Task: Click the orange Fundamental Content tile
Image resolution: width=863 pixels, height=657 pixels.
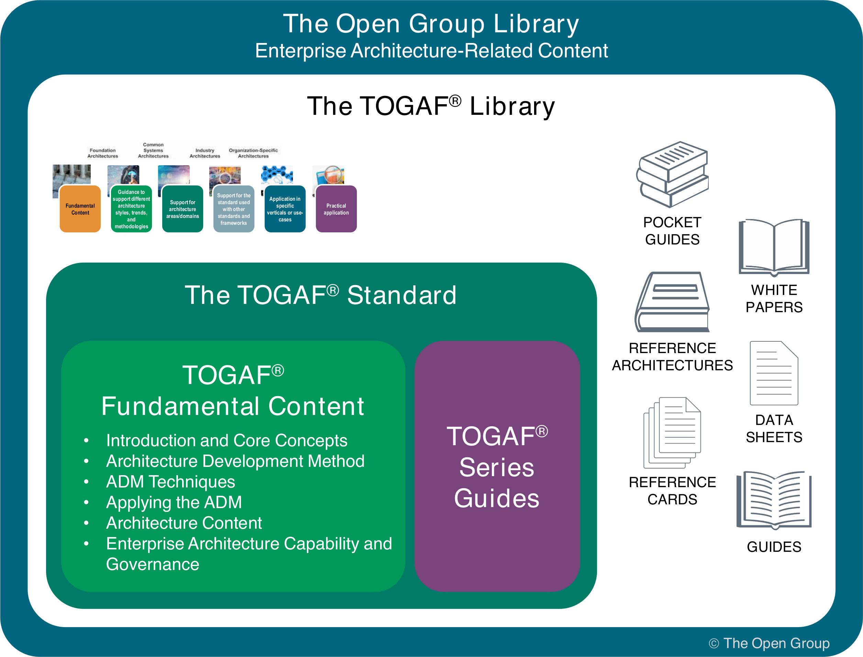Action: point(80,209)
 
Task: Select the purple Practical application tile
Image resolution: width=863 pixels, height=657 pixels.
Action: point(336,209)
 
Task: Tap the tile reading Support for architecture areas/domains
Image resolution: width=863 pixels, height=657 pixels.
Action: point(182,209)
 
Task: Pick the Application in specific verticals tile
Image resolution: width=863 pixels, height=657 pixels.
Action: point(285,209)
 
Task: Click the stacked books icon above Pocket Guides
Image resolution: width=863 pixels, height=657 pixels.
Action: point(672,174)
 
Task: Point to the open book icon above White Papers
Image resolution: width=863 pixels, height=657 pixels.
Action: point(774,247)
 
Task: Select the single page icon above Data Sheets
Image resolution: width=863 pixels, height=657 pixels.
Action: point(774,373)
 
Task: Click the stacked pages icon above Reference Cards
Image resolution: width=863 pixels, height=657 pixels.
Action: point(672,432)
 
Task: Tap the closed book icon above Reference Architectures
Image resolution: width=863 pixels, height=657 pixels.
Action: point(672,302)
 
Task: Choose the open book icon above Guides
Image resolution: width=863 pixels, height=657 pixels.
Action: point(774,501)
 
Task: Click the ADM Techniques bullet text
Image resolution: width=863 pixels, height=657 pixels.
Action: point(170,482)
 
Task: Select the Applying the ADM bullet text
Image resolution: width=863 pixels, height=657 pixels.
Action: point(174,503)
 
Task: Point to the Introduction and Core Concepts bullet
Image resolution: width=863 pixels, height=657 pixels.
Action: point(227,441)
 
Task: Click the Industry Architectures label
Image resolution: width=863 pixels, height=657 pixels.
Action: point(205,153)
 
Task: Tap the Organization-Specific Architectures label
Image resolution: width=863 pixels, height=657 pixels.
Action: point(253,153)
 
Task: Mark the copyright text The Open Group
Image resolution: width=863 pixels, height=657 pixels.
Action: point(769,643)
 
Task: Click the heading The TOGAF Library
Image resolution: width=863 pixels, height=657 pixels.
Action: point(431,106)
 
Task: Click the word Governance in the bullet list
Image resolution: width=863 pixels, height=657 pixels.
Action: point(153,564)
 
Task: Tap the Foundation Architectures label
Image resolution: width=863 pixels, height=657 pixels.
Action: point(102,153)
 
